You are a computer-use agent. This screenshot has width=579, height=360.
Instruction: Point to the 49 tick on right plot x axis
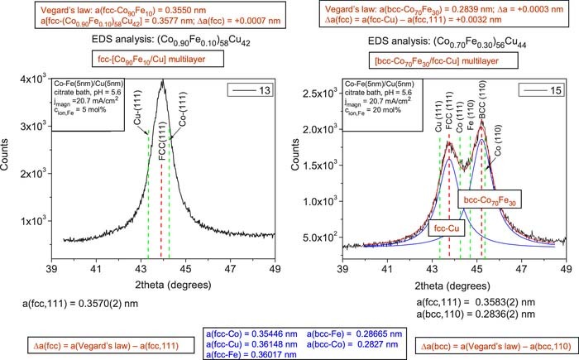566,269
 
